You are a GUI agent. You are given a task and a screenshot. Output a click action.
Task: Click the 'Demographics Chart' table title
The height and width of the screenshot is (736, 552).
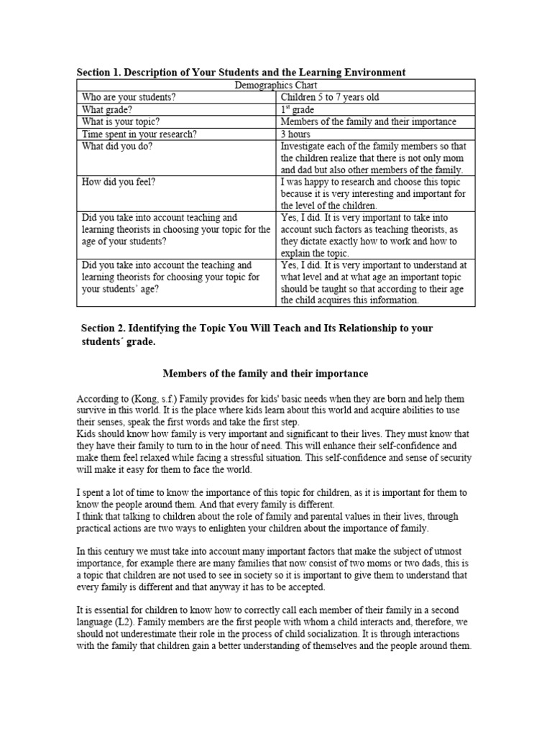(277, 85)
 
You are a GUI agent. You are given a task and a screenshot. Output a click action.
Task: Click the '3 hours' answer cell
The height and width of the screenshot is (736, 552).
(295, 134)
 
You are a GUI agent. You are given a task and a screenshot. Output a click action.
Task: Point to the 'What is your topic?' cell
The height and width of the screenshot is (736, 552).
(121, 121)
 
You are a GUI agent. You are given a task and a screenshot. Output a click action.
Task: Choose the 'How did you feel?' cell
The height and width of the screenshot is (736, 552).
(119, 182)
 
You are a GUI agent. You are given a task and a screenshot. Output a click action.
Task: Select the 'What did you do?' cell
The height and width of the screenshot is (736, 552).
(116, 146)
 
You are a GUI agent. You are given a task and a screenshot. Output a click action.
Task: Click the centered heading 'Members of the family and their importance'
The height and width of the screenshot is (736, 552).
(265, 374)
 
